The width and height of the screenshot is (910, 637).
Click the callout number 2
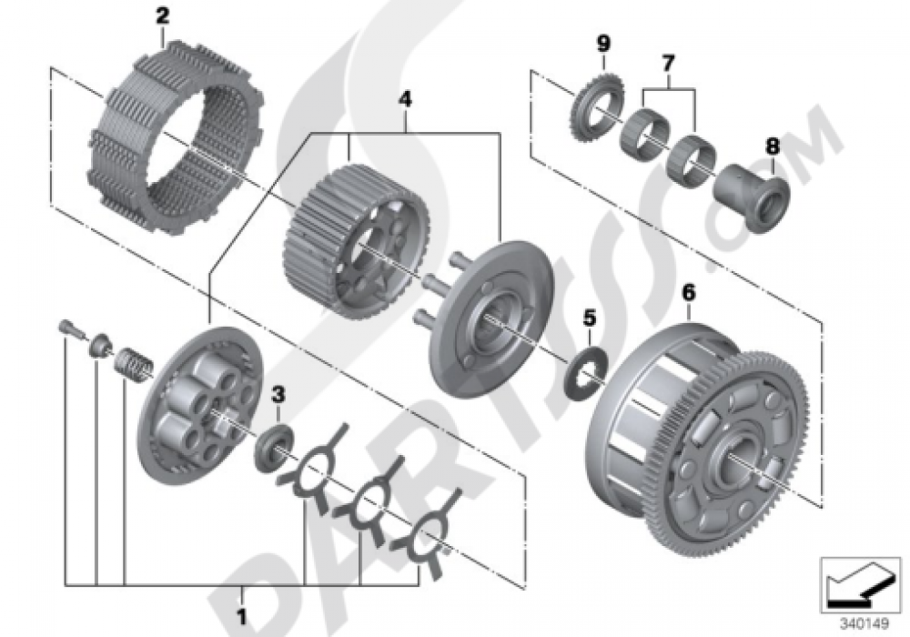pyautogui.click(x=162, y=16)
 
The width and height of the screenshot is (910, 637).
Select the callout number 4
pyautogui.click(x=405, y=99)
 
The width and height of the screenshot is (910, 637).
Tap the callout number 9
pyautogui.click(x=603, y=43)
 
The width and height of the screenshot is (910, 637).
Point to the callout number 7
pyautogui.click(x=668, y=63)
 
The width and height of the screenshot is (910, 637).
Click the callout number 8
pyautogui.click(x=773, y=147)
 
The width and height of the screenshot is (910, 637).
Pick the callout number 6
pyautogui.click(x=689, y=293)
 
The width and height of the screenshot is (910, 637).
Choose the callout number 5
pyautogui.click(x=589, y=317)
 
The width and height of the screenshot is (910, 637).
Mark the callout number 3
pyautogui.click(x=278, y=395)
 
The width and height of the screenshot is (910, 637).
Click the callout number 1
pyautogui.click(x=241, y=616)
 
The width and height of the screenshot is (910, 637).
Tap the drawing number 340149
pyautogui.click(x=864, y=624)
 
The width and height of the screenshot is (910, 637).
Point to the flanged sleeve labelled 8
pyautogui.click(x=752, y=195)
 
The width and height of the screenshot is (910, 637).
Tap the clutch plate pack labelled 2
pyautogui.click(x=174, y=136)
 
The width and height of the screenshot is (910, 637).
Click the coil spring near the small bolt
pyautogui.click(x=135, y=364)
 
